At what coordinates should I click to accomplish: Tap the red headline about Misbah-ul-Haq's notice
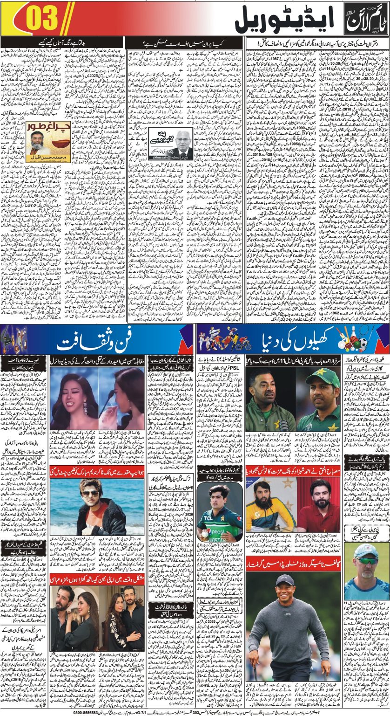(x=293, y=471)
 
